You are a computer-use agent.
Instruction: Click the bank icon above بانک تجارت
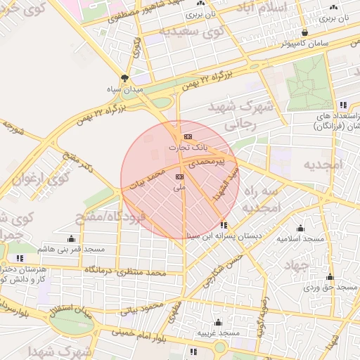(187, 136)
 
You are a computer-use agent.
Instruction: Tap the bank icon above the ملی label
(179, 176)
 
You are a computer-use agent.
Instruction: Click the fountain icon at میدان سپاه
(125, 78)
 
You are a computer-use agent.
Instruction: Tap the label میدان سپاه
(125, 89)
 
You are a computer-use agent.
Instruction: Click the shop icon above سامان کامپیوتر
(304, 32)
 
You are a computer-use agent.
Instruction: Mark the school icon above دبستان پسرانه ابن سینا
(224, 225)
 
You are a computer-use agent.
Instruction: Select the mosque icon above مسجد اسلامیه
(301, 228)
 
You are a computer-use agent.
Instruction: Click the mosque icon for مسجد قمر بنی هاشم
(71, 238)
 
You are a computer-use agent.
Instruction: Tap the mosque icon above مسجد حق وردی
(330, 276)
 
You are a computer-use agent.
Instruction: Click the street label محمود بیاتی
(141, 307)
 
